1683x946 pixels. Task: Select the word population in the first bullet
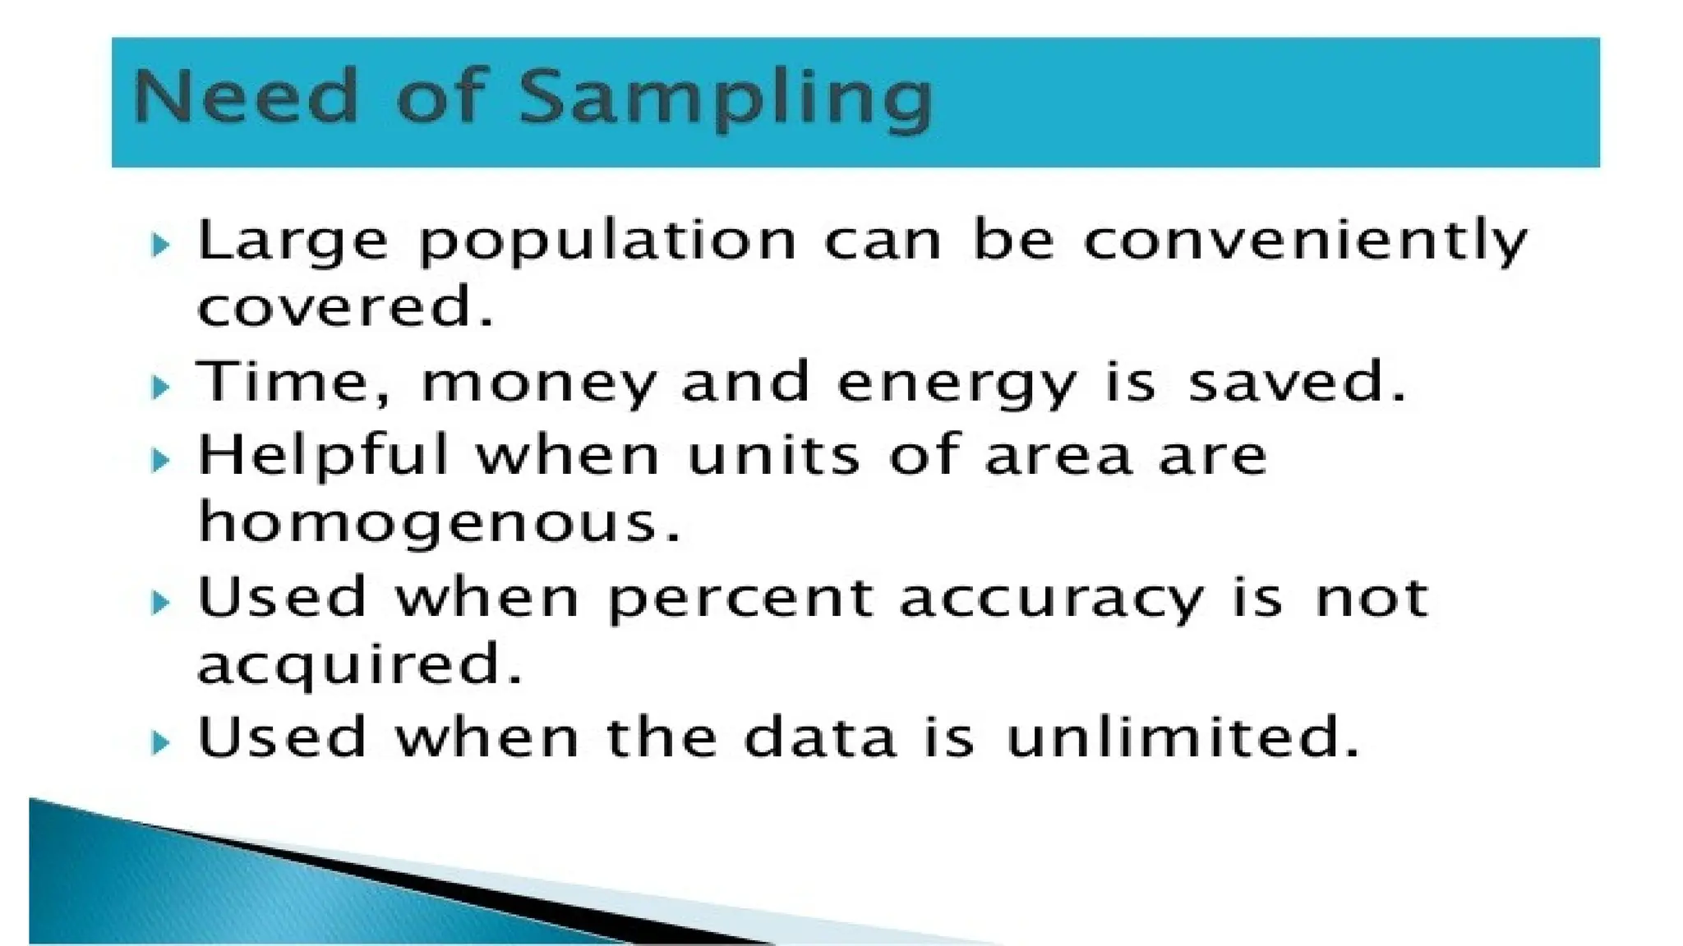point(607,242)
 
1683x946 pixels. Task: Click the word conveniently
point(1305,242)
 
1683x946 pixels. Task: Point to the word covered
point(345,306)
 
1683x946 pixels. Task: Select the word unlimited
point(1183,737)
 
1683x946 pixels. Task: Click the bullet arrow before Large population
point(161,244)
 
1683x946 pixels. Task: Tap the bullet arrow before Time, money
point(161,386)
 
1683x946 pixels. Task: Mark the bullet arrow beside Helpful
point(161,460)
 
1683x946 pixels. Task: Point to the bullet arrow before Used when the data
point(161,743)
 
